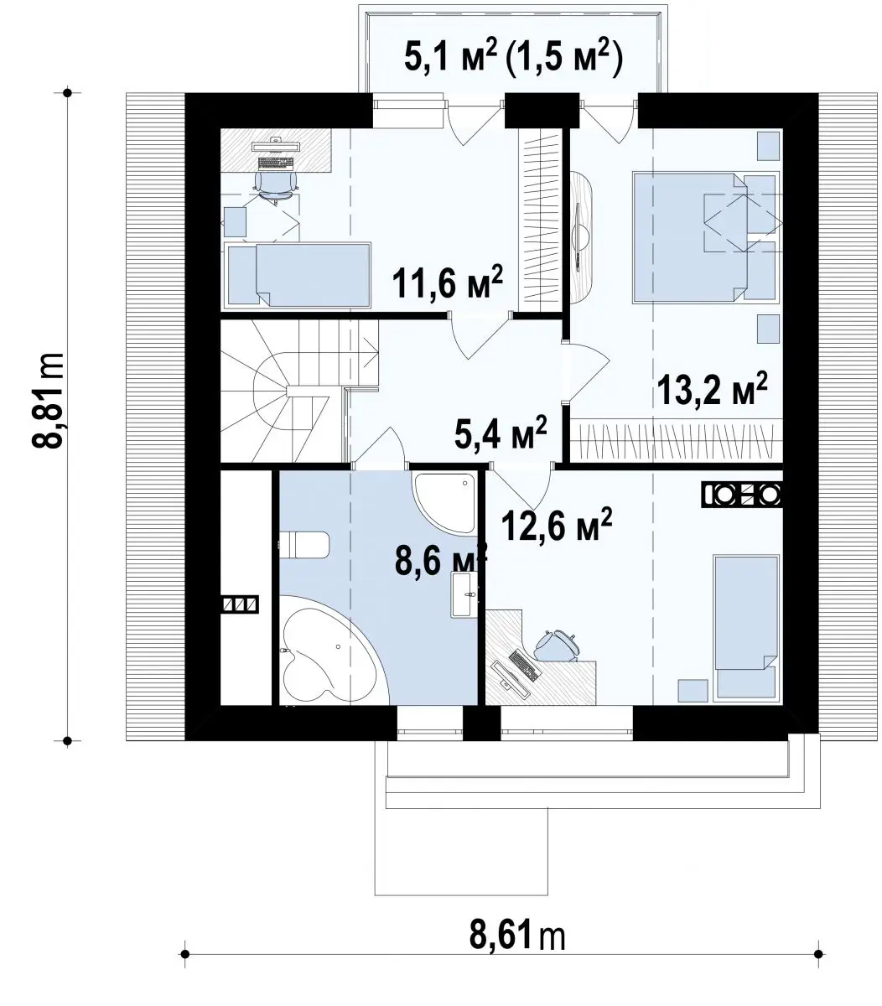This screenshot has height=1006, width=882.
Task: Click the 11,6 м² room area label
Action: click(448, 282)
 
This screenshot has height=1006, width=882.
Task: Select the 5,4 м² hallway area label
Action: click(500, 432)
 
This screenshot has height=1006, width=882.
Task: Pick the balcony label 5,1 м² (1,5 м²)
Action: click(513, 59)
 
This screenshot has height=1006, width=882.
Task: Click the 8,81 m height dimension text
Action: click(49, 401)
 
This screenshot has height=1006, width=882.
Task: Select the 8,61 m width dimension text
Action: click(517, 936)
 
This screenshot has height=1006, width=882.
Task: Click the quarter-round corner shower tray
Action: click(445, 503)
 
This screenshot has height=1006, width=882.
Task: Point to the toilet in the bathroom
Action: click(304, 545)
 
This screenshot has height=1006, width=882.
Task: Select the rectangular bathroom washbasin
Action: click(464, 594)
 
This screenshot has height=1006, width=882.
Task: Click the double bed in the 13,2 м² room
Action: click(705, 237)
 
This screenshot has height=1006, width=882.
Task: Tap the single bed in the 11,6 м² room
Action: click(298, 275)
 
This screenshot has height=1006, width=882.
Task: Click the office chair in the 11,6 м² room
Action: click(275, 186)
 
